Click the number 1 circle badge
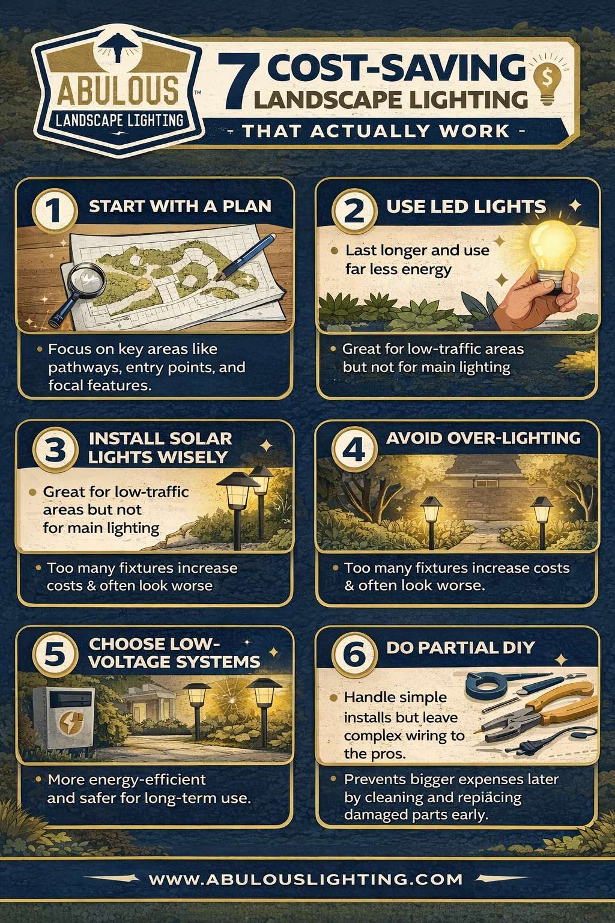pyautogui.click(x=55, y=210)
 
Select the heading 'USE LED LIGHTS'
pyautogui.click(x=466, y=207)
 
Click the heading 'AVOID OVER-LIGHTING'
pyautogui.click(x=483, y=438)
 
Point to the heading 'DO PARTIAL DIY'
pyautogui.click(x=461, y=647)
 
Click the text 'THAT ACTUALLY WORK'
pyautogui.click(x=375, y=132)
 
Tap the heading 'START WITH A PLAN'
pyautogui.click(x=180, y=207)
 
